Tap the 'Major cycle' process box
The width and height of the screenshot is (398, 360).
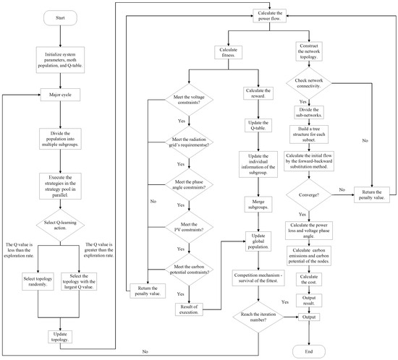point(61,95)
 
